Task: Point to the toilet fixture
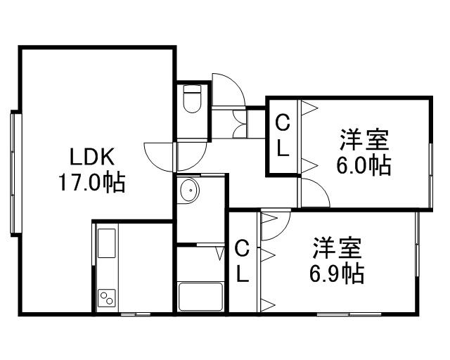(192, 100)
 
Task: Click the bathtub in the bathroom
(200, 296)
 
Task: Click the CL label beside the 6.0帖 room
(282, 136)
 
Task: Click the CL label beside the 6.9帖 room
(242, 260)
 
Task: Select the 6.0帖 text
(364, 166)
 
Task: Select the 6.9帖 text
(337, 273)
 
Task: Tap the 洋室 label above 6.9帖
(337, 247)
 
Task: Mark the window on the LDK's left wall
(13, 172)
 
